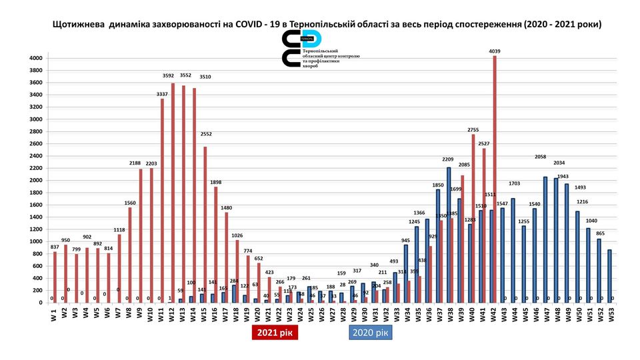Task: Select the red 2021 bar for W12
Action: pyautogui.click(x=173, y=193)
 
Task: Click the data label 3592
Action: pyautogui.click(x=168, y=75)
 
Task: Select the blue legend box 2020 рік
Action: pyautogui.click(x=370, y=332)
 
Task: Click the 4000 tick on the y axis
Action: pyautogui.click(x=35, y=59)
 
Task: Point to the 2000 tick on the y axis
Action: pyautogui.click(x=35, y=180)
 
